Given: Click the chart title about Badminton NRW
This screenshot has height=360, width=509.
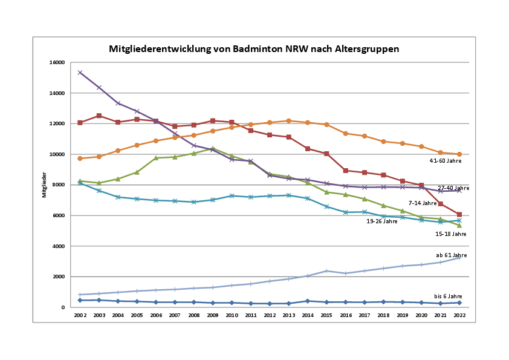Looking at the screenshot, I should tap(254, 48).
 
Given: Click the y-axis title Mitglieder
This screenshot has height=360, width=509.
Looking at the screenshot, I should tap(44, 185).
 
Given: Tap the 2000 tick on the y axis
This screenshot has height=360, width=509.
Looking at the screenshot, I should tap(59, 277).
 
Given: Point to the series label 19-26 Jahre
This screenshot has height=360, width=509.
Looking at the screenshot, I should tap(382, 221).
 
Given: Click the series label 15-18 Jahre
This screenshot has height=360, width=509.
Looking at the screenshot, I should tap(450, 234).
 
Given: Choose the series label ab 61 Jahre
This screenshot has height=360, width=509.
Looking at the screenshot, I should tap(452, 255).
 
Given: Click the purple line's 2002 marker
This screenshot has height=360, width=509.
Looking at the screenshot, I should tap(80, 73).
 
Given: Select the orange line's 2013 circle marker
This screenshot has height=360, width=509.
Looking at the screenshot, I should tap(288, 121).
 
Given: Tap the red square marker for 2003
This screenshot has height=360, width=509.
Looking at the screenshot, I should tap(99, 116).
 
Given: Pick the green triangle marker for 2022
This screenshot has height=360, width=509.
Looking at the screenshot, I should tap(459, 225).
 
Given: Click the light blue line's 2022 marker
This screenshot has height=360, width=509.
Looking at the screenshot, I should tap(459, 258).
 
